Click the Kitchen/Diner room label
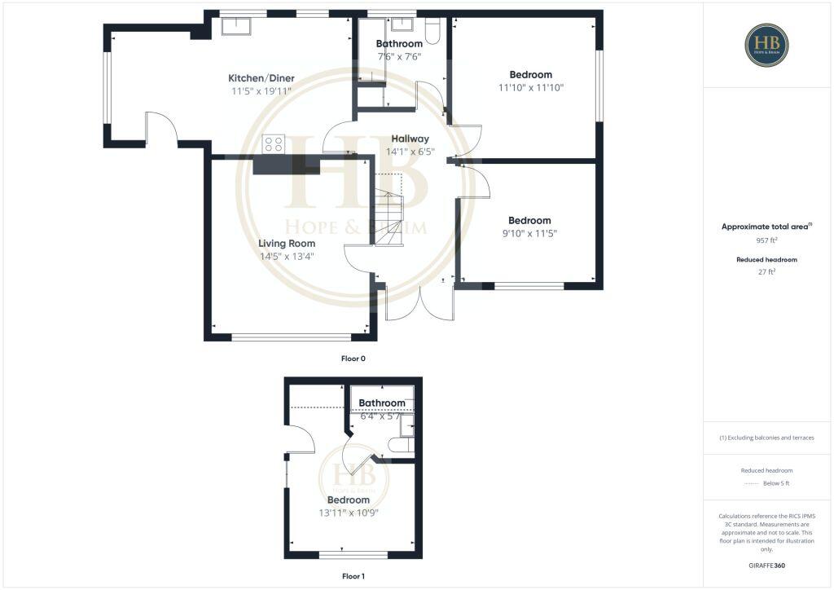point(261,78)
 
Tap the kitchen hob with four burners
point(274,144)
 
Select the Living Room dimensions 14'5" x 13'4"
point(286,256)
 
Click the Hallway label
point(410,139)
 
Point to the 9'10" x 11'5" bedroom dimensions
point(529,233)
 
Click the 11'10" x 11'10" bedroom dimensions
point(531,87)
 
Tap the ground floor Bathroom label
point(399,43)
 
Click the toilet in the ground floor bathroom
point(432,30)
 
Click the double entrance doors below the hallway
point(419,303)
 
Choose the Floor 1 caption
point(353,576)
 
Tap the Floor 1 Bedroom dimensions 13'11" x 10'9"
point(349,513)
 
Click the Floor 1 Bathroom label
point(382,403)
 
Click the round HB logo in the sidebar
point(766,45)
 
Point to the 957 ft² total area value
point(766,240)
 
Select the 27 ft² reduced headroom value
point(766,272)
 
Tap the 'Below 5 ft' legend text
point(776,483)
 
